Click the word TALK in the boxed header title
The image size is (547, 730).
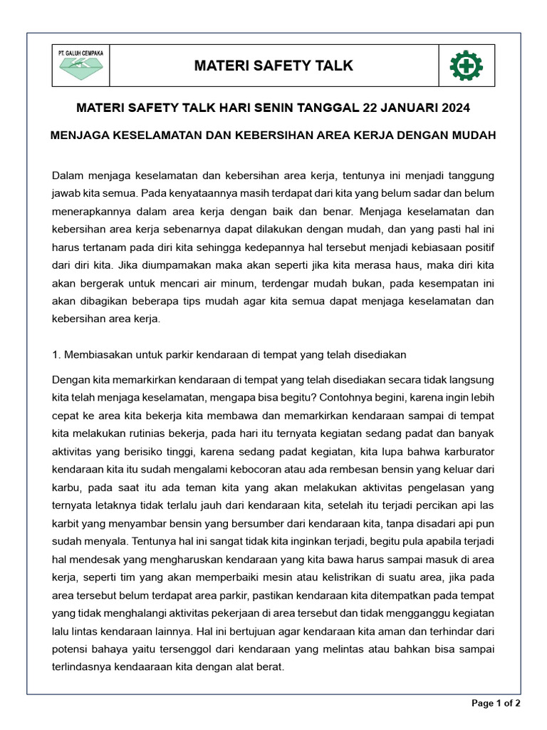click(x=332, y=66)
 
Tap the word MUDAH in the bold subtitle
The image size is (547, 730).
click(x=472, y=135)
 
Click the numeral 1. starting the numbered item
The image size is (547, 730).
click(x=57, y=354)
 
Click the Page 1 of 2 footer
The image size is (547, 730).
click(x=496, y=704)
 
